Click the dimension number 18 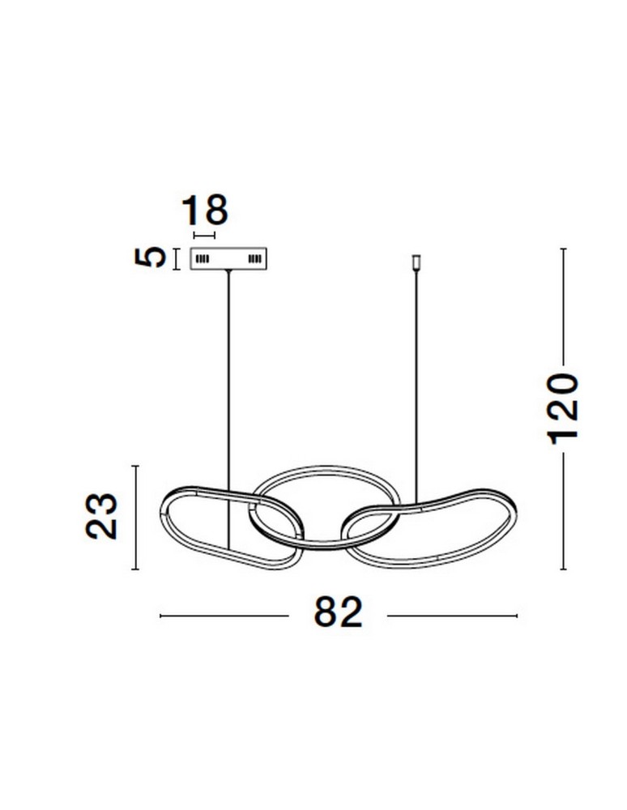(x=204, y=211)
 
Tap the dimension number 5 (x=150, y=258)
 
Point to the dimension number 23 (x=102, y=517)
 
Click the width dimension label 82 (x=339, y=612)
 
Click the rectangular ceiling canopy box (x=228, y=259)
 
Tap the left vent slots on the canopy (x=203, y=258)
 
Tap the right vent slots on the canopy (x=255, y=258)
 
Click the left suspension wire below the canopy (x=228, y=408)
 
